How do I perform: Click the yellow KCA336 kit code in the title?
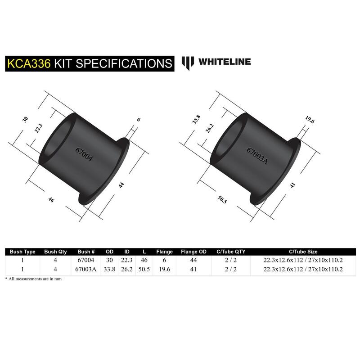pos(29,63)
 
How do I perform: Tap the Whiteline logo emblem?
pos(188,63)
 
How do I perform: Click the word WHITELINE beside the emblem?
pos(225,62)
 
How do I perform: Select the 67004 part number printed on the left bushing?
pos(84,154)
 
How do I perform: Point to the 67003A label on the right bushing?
pos(257,156)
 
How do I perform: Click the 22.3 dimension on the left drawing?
pos(38,128)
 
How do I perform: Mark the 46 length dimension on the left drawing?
pos(51,200)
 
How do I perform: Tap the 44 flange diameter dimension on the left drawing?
pos(121,185)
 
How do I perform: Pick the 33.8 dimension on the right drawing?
pos(196,120)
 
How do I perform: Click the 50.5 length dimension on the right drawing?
pos(222,199)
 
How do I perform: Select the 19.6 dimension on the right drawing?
pos(310,119)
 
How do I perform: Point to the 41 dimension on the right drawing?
pos(292,185)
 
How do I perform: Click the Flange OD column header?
pos(193,252)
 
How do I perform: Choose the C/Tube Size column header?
pos(303,252)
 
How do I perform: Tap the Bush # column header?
pos(86,252)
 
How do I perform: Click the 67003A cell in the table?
pos(86,269)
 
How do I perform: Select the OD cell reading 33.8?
pos(109,269)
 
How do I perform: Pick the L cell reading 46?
pos(144,260)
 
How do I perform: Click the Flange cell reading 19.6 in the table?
pos(164,269)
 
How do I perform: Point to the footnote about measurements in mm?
pos(33,279)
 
